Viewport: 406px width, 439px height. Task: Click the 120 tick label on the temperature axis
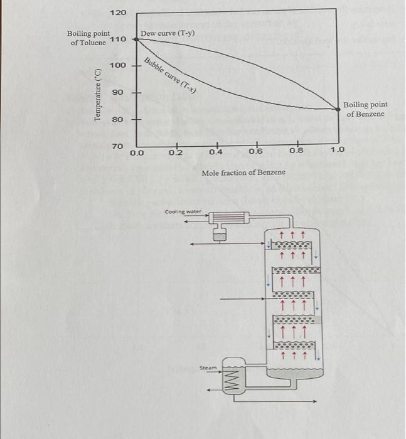click(119, 13)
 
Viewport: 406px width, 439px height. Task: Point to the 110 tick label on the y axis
click(119, 40)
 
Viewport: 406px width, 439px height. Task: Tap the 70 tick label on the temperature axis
click(118, 146)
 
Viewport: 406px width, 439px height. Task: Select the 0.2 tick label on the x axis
click(176, 152)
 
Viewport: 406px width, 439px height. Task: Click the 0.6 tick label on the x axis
click(255, 152)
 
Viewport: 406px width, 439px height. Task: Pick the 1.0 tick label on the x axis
click(338, 151)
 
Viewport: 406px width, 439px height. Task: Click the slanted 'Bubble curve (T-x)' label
click(171, 77)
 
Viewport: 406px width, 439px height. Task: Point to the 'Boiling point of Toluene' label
click(88, 38)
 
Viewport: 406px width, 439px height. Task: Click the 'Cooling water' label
click(183, 212)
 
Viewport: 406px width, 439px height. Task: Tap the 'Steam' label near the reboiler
click(207, 368)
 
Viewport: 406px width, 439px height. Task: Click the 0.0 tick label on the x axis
click(137, 152)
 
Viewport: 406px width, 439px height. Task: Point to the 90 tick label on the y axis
click(118, 93)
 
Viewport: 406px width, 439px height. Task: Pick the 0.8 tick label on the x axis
click(297, 152)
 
